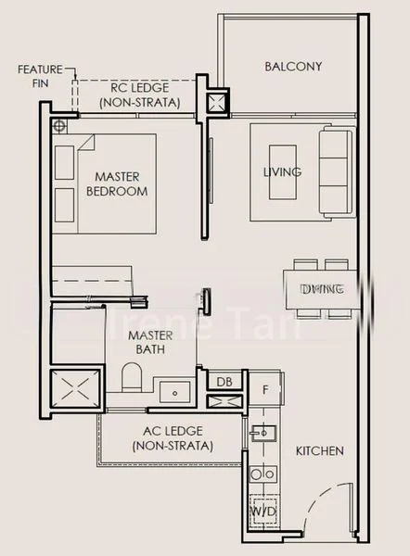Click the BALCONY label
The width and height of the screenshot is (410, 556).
[292, 66]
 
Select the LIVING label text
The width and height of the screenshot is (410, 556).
[282, 172]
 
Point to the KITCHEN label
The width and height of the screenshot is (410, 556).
[319, 451]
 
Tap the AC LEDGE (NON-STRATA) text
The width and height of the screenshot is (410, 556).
[173, 438]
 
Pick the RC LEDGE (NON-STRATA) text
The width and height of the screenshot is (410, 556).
[145, 95]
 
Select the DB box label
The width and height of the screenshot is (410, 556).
[224, 382]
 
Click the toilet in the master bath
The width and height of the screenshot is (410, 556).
[132, 379]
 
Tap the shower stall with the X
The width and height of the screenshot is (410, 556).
[74, 390]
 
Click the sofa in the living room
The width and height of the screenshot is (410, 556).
[334, 173]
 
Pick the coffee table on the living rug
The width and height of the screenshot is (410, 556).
[283, 172]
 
